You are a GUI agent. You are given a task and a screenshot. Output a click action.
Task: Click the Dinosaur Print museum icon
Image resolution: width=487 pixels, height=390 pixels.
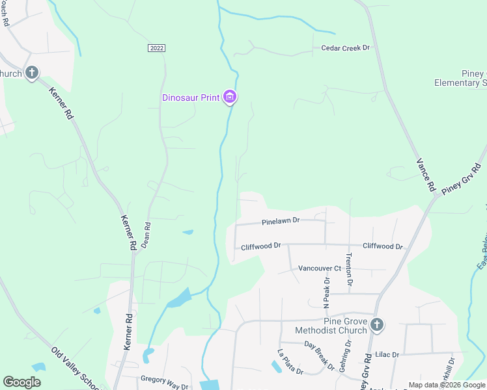tap(229, 97)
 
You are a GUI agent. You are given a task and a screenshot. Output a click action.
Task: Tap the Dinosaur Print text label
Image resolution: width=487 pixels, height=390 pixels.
tap(191, 98)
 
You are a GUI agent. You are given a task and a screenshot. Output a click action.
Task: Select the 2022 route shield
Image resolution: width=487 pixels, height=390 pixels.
tap(156, 48)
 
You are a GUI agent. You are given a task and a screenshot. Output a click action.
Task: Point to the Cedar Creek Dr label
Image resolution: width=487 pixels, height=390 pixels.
tap(345, 48)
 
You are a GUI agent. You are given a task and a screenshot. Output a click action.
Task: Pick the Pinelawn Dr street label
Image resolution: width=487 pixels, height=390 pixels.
tap(281, 221)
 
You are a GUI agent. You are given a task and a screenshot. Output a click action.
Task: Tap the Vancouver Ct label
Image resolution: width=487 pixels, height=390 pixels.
tap(320, 268)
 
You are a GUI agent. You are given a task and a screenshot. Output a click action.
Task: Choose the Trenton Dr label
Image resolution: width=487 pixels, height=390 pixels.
tap(349, 269)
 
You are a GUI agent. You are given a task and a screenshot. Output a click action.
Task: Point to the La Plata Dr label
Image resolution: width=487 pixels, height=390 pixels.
tap(290, 362)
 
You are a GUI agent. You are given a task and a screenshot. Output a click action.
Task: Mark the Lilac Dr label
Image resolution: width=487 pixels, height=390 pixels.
tap(387, 354)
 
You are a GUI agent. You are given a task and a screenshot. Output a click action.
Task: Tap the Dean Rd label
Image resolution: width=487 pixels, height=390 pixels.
tap(146, 236)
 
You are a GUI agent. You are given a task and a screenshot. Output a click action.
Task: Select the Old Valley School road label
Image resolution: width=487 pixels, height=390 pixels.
tap(77, 369)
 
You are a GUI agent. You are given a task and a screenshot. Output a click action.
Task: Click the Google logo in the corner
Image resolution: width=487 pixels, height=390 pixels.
tap(22, 382)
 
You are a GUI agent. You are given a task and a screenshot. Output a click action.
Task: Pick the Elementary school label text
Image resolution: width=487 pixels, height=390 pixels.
tap(461, 83)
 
